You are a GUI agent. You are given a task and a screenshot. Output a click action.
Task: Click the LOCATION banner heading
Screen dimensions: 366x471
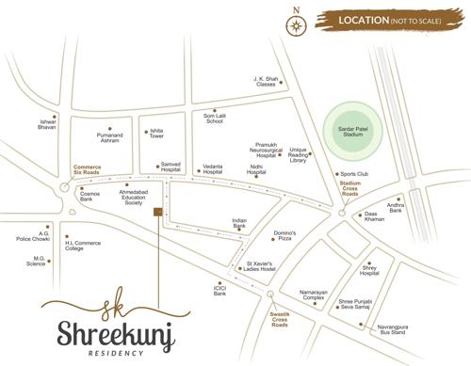click(x=385, y=20)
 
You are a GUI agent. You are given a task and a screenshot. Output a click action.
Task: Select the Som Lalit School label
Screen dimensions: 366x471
click(x=214, y=118)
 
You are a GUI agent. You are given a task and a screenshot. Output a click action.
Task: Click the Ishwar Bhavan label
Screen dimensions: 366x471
click(x=48, y=124)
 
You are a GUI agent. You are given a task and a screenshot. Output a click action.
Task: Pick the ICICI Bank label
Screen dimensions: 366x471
click(x=219, y=291)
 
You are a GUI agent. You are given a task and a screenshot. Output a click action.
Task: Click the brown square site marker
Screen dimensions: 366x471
click(x=158, y=211)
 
